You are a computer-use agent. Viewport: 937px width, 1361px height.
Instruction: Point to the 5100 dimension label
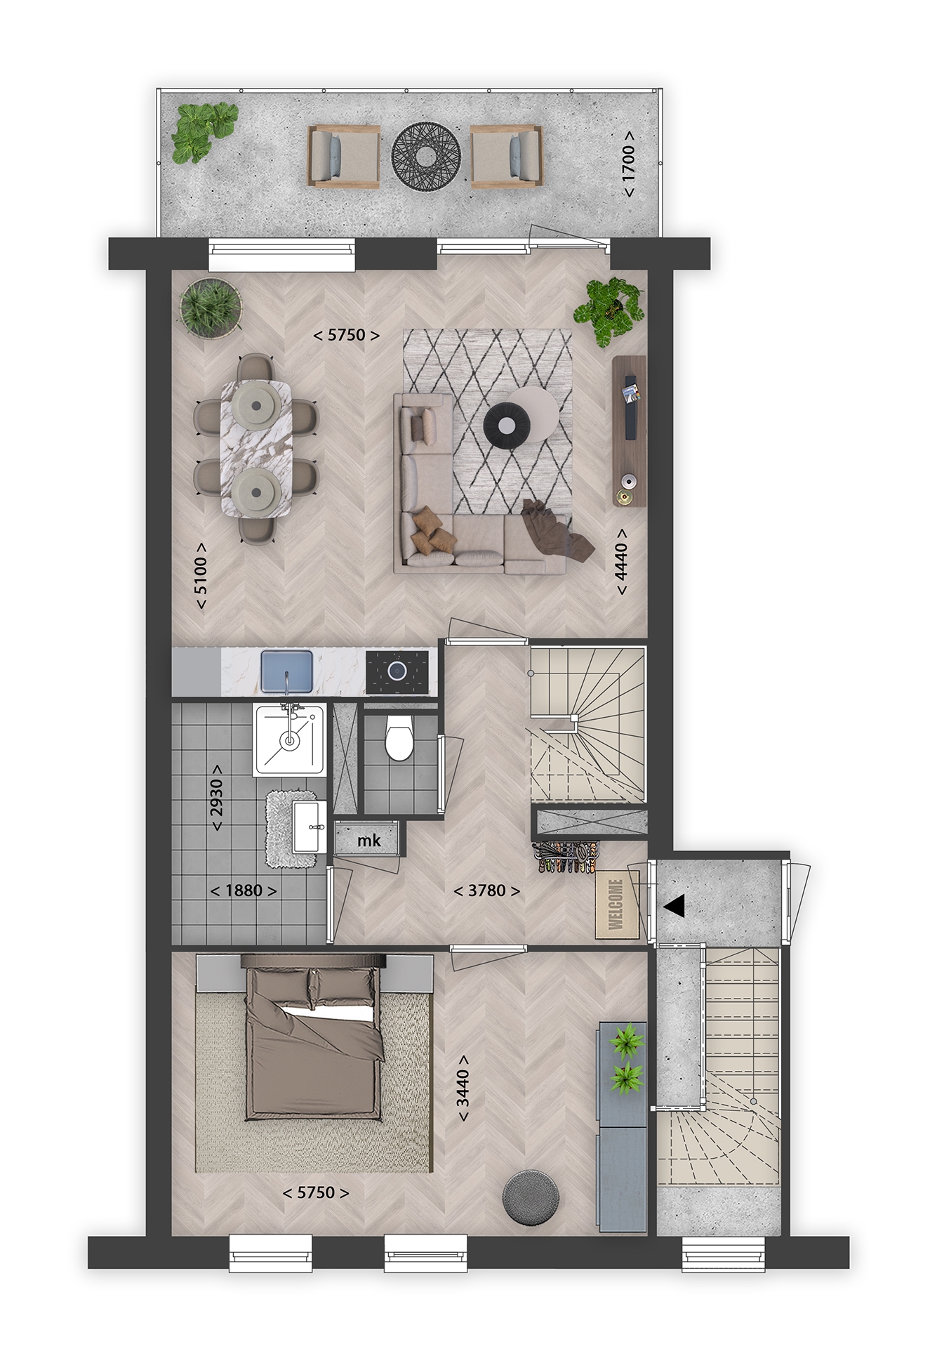201,576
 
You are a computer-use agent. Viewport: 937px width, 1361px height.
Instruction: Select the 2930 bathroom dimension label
217,796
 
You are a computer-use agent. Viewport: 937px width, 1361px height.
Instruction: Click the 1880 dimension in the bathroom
244,891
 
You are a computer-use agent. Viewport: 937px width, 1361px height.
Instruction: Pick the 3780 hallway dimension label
486,891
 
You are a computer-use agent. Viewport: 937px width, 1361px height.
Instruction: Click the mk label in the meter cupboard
369,840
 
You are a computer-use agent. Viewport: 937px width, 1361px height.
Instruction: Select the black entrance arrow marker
674,907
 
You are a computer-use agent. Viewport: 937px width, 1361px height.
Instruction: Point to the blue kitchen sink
286,671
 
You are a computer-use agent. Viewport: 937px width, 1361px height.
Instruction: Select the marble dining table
255,449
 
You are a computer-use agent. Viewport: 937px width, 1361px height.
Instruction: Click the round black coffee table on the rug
505,426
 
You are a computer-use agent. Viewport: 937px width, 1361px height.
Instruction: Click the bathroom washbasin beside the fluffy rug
309,826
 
